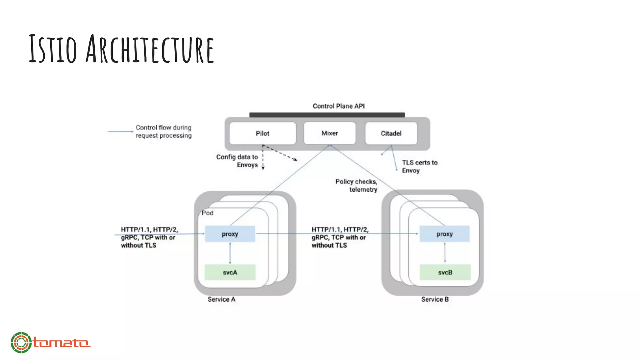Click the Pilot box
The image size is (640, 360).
262,133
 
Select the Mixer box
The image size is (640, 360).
329,133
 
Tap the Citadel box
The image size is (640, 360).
391,133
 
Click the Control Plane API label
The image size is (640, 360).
338,106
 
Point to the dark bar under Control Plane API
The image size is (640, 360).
327,115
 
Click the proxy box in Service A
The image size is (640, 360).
230,234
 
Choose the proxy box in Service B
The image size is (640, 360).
444,234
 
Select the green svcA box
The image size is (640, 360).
230,272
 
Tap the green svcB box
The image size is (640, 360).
445,272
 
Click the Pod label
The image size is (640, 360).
207,213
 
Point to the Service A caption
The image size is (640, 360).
221,299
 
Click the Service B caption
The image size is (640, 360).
435,299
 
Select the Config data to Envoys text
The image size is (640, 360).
237,161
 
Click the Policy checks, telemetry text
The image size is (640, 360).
357,186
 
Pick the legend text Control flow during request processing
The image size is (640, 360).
163,132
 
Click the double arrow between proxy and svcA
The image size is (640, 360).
230,253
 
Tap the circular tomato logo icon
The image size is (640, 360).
21,342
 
